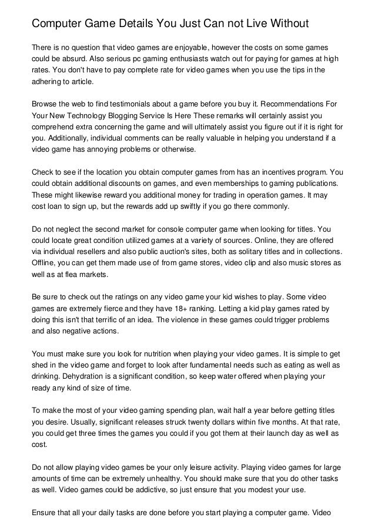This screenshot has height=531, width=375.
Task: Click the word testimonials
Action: [x=126, y=103]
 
